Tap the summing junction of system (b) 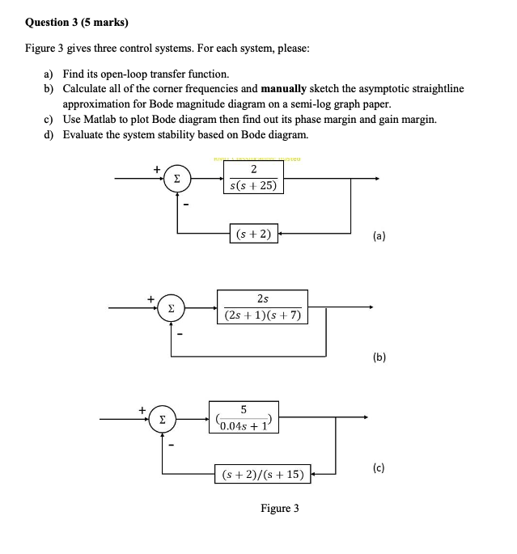[170, 308]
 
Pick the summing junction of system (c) [163, 419]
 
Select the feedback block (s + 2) [253, 235]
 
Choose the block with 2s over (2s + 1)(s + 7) [262, 307]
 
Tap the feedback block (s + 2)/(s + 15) [262, 474]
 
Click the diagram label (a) [379, 236]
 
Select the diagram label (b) [379, 357]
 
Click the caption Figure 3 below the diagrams [279, 508]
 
